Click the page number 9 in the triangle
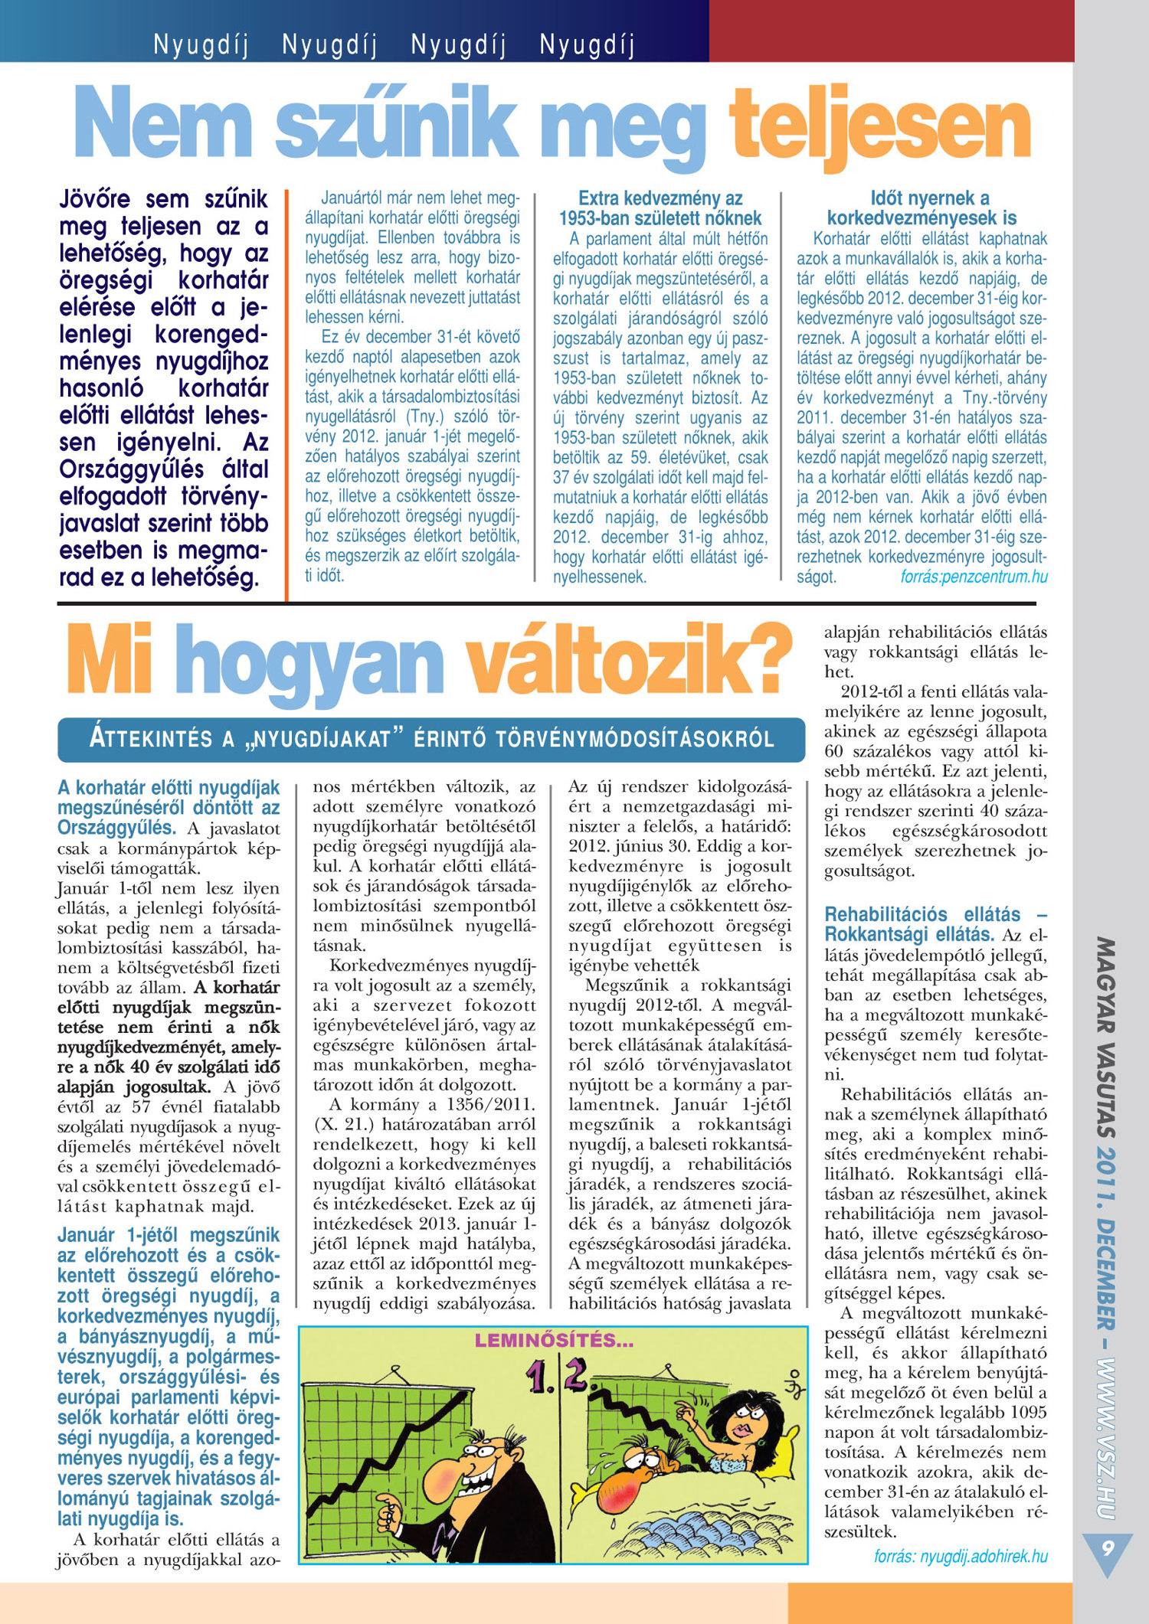tap(1107, 1547)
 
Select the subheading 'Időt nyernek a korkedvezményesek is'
tap(921, 208)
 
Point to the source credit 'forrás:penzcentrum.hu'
tap(974, 577)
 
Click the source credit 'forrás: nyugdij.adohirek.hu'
tap(961, 1557)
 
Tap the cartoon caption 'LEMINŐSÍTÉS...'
tap(554, 1341)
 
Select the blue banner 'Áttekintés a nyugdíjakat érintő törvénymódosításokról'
tap(431, 739)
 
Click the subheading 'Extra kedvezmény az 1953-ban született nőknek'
tap(660, 208)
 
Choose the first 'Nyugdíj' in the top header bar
tap(201, 45)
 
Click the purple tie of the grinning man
tap(460, 1539)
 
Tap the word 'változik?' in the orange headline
tap(629, 660)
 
